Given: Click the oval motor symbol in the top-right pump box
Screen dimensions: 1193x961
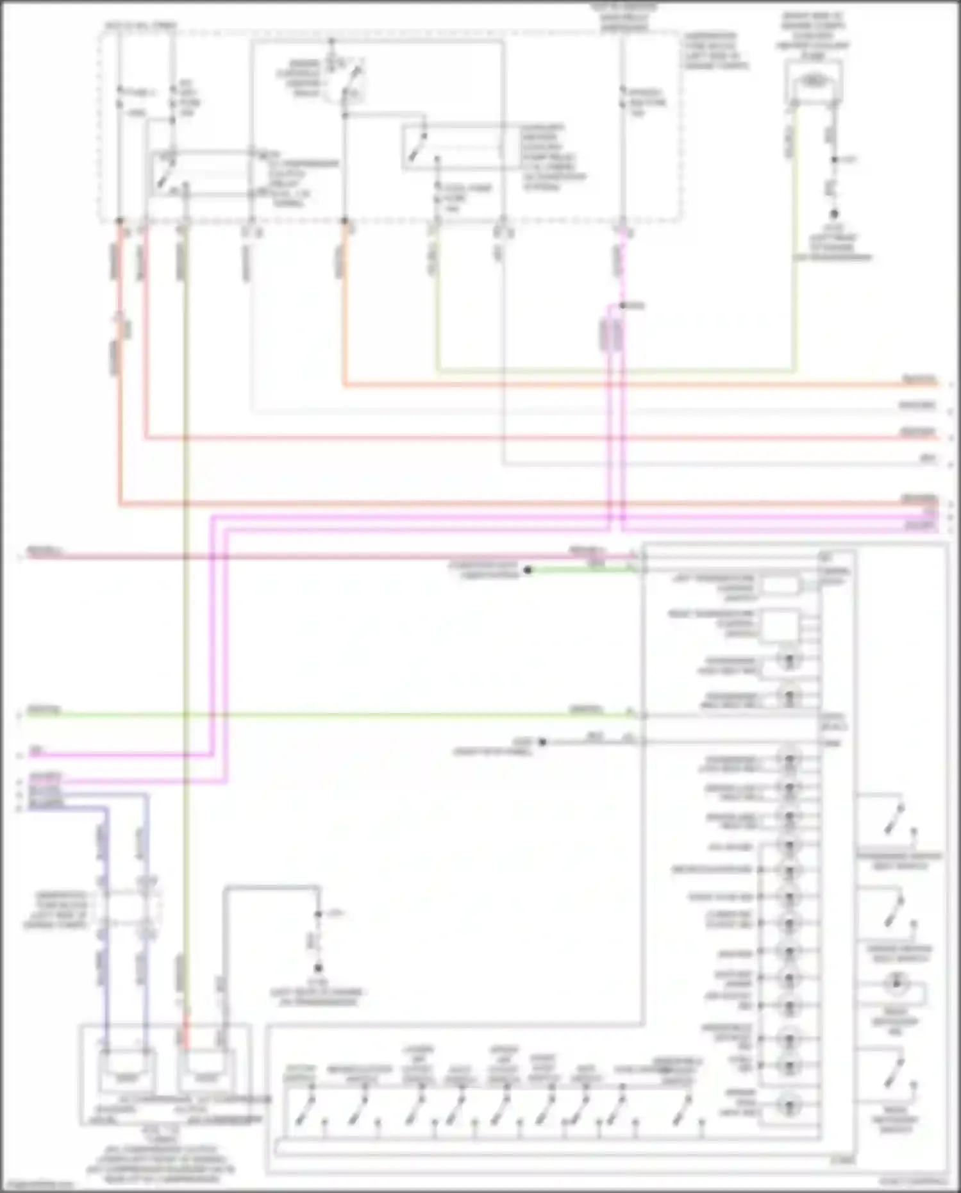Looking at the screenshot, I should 813,82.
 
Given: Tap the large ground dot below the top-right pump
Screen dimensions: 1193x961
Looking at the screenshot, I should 834,214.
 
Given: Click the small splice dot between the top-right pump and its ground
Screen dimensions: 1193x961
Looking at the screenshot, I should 834,160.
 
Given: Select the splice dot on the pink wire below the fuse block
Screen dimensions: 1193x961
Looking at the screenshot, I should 621,306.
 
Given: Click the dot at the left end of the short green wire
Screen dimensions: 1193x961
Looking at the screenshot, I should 528,570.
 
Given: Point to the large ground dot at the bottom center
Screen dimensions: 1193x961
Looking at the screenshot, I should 318,968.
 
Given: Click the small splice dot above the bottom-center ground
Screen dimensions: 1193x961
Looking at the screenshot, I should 318,914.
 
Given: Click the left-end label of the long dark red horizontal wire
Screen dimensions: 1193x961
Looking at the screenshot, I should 45,551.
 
